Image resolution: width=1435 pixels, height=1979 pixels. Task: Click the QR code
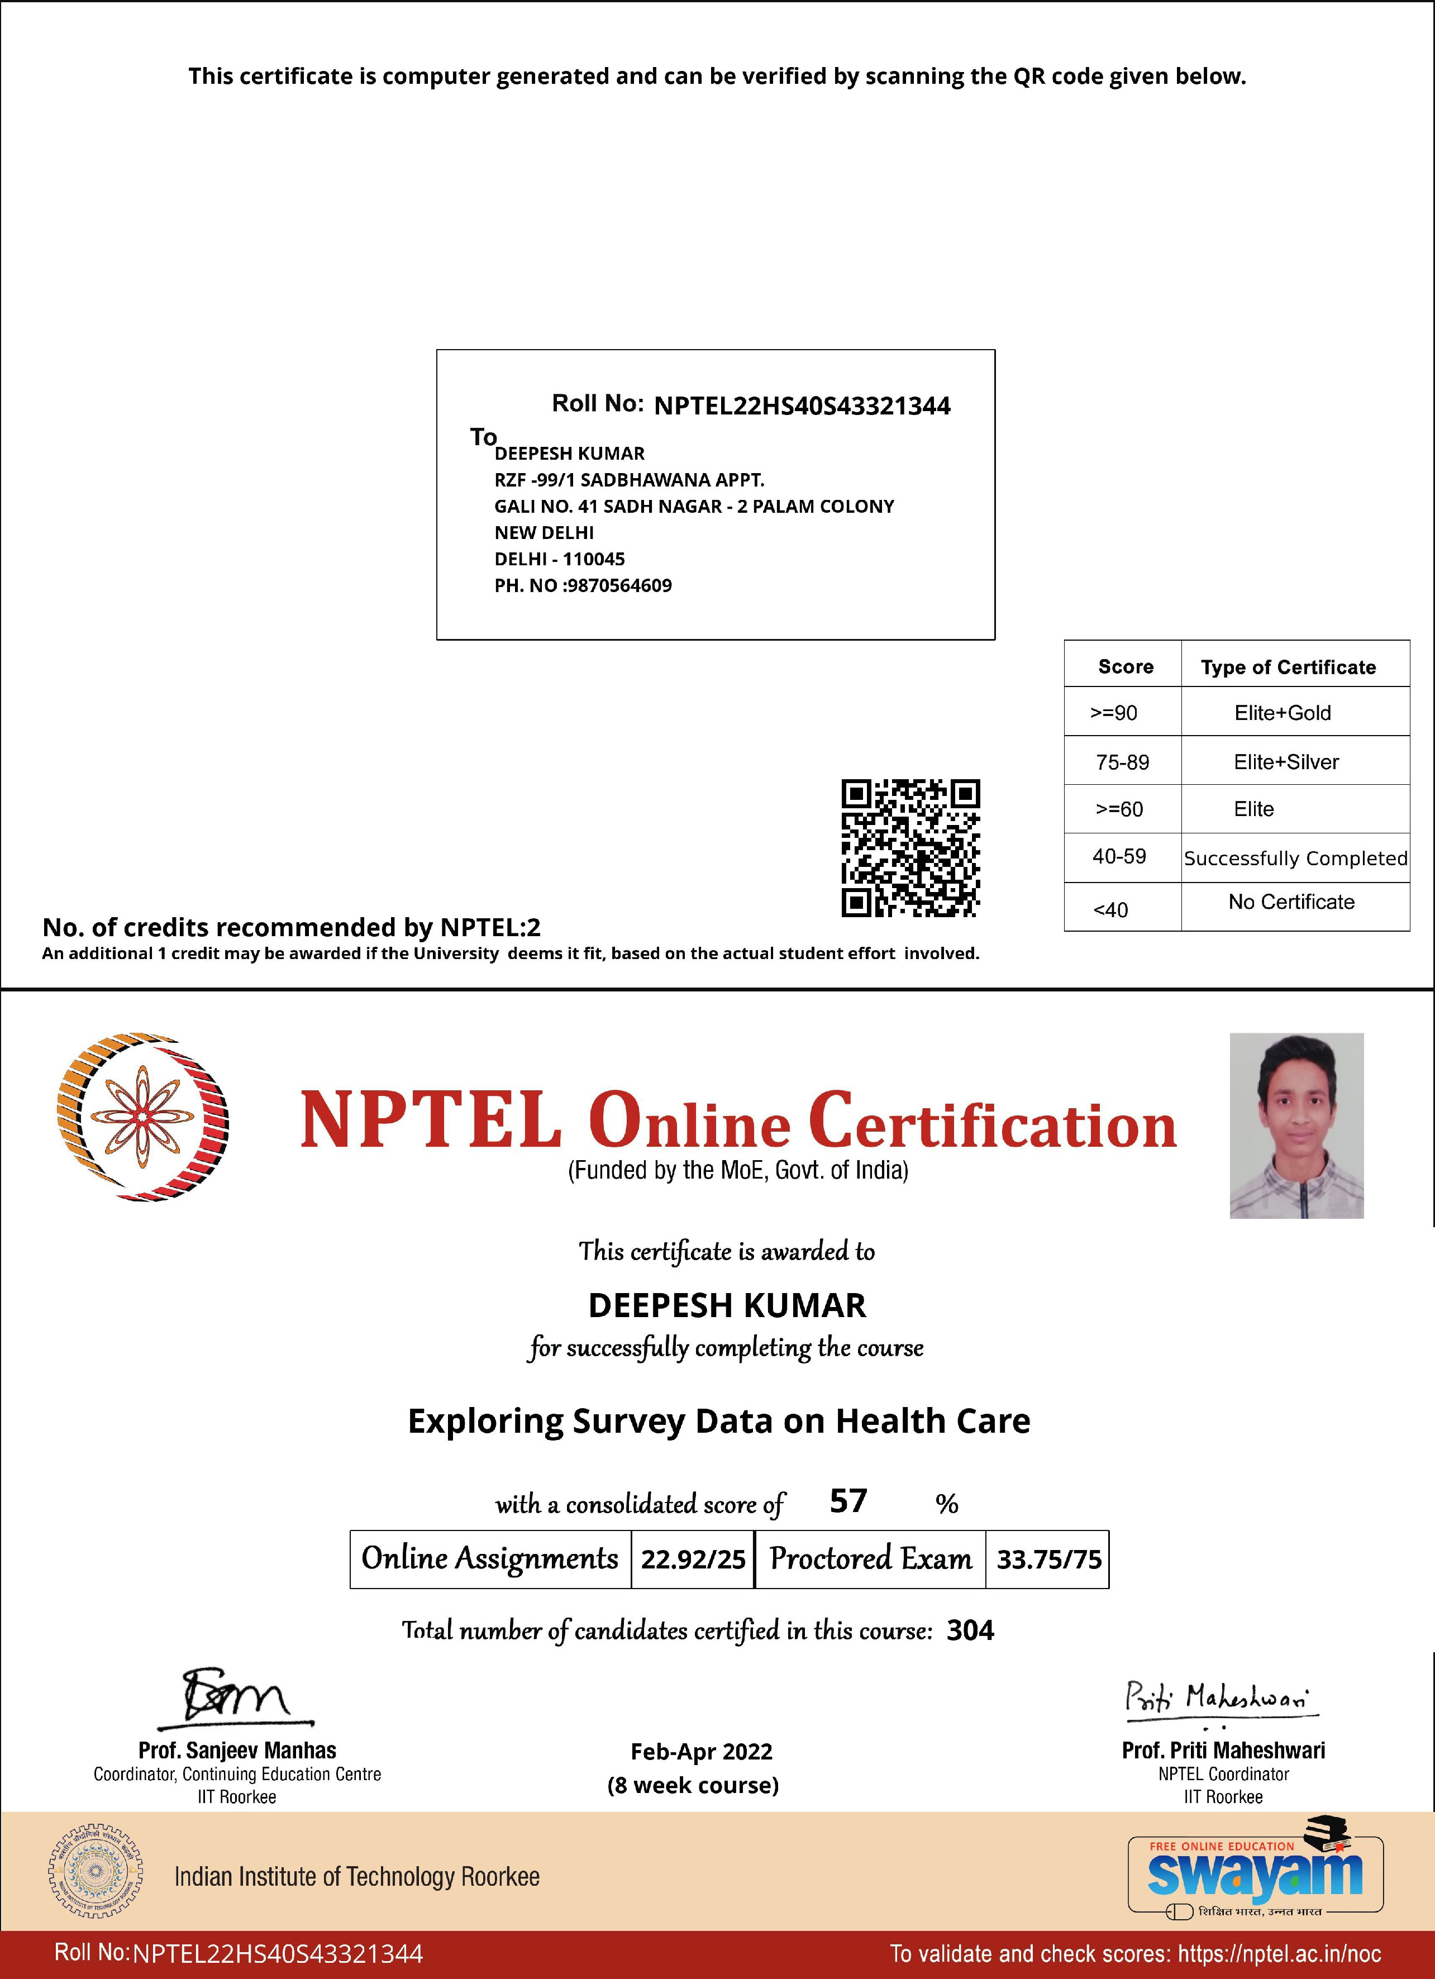click(x=910, y=847)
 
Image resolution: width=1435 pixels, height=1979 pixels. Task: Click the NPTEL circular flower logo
click(x=142, y=1117)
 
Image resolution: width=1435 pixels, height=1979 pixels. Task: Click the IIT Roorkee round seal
click(x=95, y=1870)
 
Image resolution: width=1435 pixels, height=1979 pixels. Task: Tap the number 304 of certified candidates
click(x=970, y=1630)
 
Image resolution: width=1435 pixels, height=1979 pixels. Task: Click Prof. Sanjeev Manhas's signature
click(x=236, y=1698)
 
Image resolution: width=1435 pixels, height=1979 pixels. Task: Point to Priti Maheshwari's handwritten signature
click(x=1219, y=1699)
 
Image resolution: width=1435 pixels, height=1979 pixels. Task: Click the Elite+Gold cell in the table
click(x=1283, y=713)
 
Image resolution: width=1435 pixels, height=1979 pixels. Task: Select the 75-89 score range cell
click(x=1123, y=762)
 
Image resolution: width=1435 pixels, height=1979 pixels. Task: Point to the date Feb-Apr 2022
click(x=702, y=1751)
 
